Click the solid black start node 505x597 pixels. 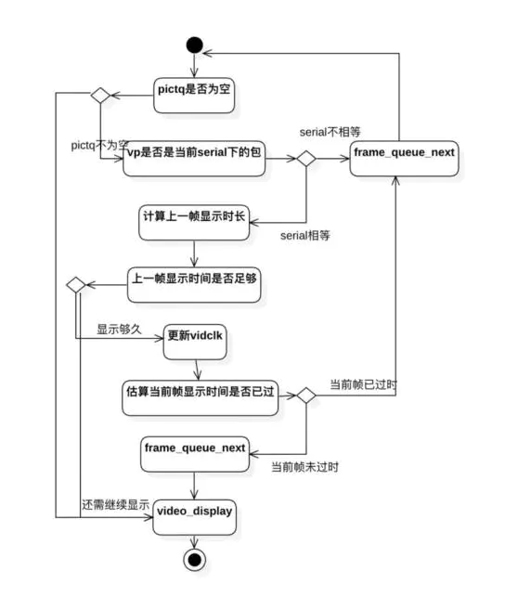(x=194, y=45)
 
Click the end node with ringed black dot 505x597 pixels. (x=194, y=560)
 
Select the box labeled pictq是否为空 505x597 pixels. (x=194, y=96)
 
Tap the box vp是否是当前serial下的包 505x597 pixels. (x=194, y=159)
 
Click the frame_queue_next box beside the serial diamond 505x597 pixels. (x=404, y=159)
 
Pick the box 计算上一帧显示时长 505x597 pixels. (x=194, y=223)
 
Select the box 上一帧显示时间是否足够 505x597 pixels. (x=194, y=285)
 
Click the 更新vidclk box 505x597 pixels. (x=195, y=342)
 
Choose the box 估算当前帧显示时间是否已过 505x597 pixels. (x=201, y=398)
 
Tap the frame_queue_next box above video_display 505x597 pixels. (x=195, y=454)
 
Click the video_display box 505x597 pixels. (x=194, y=517)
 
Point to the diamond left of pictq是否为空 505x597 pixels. (x=100, y=96)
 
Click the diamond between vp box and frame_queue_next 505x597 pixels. (x=306, y=159)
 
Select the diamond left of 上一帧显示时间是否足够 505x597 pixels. (x=76, y=285)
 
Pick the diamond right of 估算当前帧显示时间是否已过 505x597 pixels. (x=306, y=396)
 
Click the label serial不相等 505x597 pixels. (x=330, y=132)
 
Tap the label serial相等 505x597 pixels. (x=305, y=235)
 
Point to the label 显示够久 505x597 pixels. (x=119, y=329)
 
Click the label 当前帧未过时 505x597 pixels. (x=304, y=467)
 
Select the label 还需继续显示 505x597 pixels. (x=115, y=505)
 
